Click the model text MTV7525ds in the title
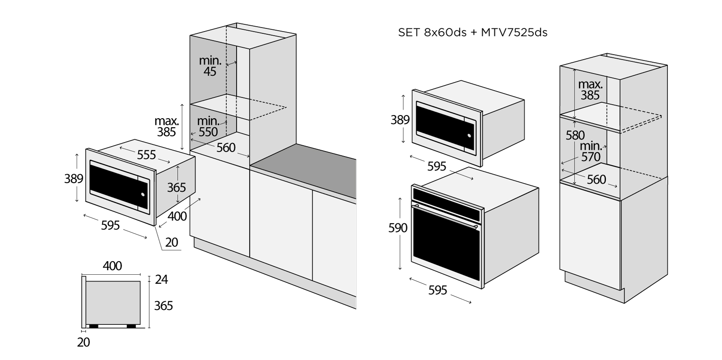point(514,32)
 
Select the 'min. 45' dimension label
point(210,66)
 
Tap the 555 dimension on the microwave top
point(146,155)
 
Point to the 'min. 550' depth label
point(208,126)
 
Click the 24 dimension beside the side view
point(161,280)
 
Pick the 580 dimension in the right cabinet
point(575,135)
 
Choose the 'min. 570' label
point(591,151)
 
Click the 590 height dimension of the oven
point(398,228)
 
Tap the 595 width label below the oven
point(437,290)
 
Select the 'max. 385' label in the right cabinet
point(590,89)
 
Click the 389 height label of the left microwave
point(74,179)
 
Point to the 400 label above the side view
point(112,266)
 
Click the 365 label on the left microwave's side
point(176,187)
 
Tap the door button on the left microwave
point(143,195)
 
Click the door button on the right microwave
point(469,135)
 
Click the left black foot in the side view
point(94,325)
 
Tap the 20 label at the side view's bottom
point(83,342)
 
